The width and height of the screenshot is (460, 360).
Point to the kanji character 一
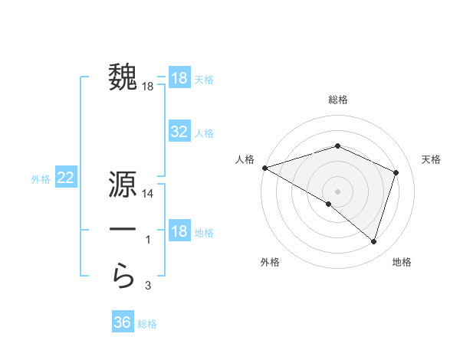tap(123, 231)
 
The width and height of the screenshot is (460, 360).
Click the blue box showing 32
tap(179, 132)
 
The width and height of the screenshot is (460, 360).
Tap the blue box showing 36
tap(123, 322)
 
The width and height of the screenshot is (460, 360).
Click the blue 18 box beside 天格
tap(179, 78)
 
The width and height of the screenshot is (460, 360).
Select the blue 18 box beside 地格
tap(179, 231)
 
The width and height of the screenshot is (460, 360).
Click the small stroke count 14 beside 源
tap(149, 195)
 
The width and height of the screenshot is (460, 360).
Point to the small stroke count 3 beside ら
tap(148, 286)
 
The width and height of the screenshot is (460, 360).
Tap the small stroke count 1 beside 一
tap(148, 241)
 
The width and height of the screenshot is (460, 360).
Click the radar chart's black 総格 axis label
tap(338, 100)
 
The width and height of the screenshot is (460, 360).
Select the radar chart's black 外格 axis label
tap(270, 263)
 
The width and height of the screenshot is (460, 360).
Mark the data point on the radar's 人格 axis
tap(264, 168)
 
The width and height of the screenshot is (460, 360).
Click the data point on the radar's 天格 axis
tap(396, 172)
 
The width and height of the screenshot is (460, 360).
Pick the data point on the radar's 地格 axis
tap(373, 242)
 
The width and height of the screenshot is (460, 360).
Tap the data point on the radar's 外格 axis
tap(329, 204)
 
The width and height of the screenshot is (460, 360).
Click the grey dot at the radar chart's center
tap(338, 191)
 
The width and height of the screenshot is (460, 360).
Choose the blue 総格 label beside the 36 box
tap(147, 324)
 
